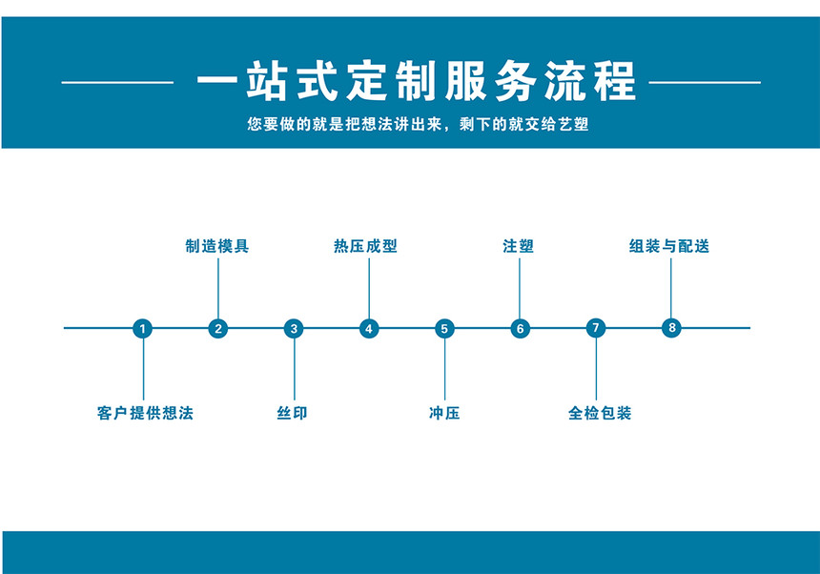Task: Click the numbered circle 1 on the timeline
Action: (143, 329)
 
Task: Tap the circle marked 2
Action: (218, 329)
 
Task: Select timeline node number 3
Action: (294, 329)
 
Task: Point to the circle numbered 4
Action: (369, 329)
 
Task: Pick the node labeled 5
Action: (444, 329)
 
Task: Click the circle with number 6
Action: (521, 329)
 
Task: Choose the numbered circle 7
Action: (596, 328)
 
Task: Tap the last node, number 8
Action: (671, 328)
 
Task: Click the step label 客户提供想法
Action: (145, 413)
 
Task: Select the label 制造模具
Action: (217, 246)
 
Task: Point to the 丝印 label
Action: (293, 413)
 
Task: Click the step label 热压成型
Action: (365, 246)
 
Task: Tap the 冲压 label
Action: (444, 413)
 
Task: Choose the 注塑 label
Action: (519, 246)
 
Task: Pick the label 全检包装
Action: (600, 413)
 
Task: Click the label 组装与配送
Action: (669, 246)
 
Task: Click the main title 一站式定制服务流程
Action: (417, 80)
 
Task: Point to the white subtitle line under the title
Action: (419, 124)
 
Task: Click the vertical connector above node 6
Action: (520, 289)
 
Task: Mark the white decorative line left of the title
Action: (117, 82)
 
